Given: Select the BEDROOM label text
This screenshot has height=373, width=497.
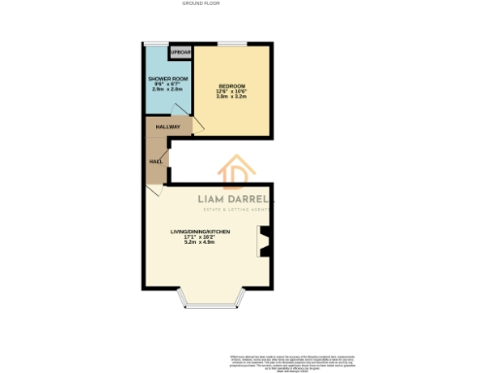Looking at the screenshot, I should click(231, 86).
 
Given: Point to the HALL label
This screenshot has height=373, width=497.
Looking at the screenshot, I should click(155, 161).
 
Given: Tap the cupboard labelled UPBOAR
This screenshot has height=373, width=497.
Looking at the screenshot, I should click(181, 52).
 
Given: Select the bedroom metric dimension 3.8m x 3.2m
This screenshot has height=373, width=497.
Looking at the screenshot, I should click(231, 97).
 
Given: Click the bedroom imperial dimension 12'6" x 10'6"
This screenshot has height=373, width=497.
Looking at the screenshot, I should click(231, 92).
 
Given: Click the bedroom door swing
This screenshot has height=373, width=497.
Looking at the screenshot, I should click(199, 126).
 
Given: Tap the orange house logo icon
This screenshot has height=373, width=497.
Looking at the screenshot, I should click(236, 173).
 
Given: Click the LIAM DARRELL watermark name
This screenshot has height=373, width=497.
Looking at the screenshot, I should click(236, 200).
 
